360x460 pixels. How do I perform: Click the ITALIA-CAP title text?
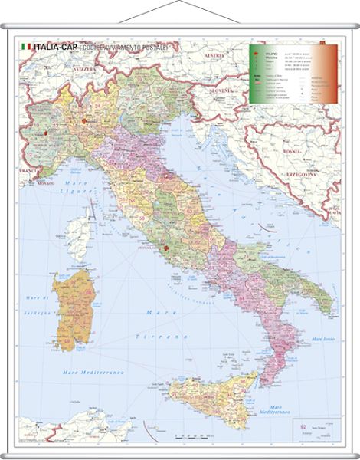pyautogui.click(x=55, y=48)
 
